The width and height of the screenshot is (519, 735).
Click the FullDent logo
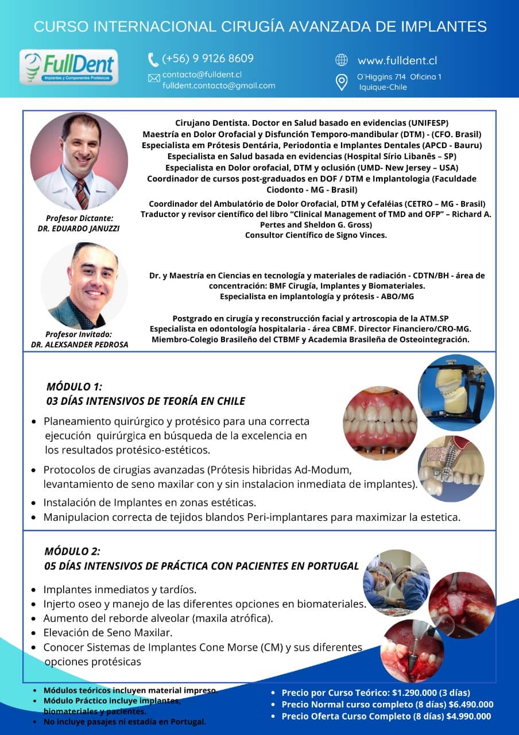tap(69, 67)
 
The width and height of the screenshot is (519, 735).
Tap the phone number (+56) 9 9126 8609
tap(208, 59)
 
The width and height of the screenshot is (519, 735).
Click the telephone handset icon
tap(153, 59)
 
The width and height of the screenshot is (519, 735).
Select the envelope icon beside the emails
tap(154, 78)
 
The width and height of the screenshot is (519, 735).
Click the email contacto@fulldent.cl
tap(202, 75)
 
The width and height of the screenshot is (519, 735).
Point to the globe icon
tap(342, 60)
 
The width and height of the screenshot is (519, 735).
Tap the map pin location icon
tap(342, 82)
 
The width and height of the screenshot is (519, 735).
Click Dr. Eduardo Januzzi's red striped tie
tap(82, 193)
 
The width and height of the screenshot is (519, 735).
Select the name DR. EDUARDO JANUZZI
tap(80, 228)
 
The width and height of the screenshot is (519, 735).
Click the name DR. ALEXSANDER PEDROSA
tap(79, 345)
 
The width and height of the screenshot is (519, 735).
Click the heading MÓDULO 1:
tap(74, 387)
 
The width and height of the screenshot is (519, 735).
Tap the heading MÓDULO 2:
tap(72, 551)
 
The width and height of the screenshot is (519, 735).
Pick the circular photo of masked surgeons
tap(397, 583)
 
